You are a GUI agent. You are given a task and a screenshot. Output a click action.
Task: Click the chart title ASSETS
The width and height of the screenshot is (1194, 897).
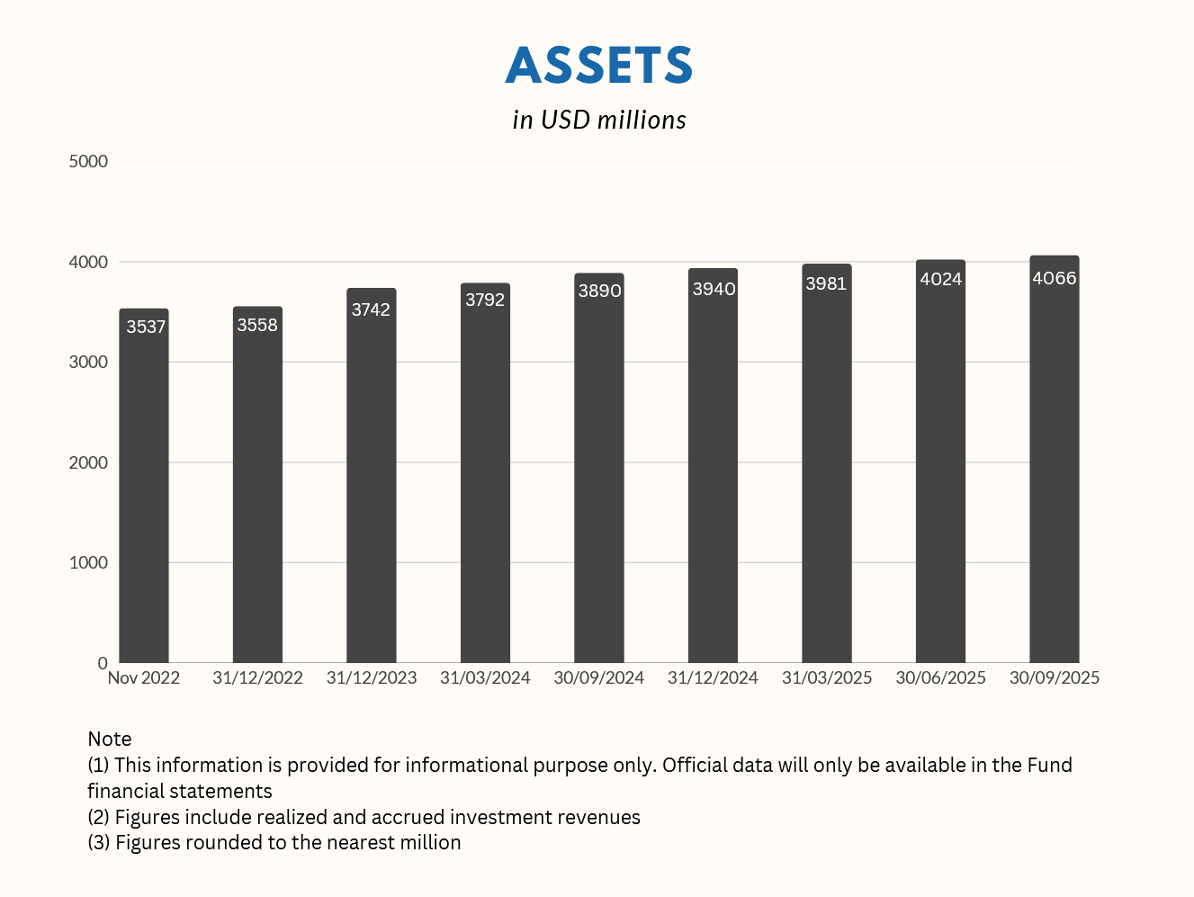coord(599,66)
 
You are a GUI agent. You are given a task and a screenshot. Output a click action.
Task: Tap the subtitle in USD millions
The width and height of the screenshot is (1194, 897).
coord(599,120)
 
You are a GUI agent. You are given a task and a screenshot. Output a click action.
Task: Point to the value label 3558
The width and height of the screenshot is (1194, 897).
coord(257,325)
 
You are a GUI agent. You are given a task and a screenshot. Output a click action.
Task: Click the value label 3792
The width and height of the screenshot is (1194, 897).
coord(485,300)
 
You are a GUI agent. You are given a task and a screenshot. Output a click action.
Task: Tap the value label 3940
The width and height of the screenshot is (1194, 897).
coord(714,289)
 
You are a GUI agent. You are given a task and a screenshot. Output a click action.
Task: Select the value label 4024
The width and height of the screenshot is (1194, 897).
coord(941,279)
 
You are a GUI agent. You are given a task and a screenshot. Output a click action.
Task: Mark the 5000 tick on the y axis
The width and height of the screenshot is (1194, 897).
coord(88,161)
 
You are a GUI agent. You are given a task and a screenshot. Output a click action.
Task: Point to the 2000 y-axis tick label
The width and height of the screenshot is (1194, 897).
coord(88,462)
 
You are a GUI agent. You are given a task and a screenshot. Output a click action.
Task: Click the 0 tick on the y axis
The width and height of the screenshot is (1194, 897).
coord(103,663)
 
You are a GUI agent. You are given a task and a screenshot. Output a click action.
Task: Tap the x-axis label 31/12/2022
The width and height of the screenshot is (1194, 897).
coord(257,677)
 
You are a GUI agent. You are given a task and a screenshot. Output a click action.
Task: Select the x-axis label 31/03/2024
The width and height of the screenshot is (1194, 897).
coord(485,677)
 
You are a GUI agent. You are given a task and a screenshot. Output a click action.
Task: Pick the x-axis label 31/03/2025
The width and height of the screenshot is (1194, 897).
coord(827,677)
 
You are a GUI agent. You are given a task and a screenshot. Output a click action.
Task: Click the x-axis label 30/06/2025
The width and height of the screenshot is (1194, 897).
coord(940,677)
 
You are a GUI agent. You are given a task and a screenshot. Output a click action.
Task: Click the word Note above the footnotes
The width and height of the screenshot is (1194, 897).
coord(110,739)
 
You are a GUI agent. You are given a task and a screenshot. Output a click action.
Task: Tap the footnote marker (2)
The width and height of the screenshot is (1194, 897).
coord(99,817)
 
